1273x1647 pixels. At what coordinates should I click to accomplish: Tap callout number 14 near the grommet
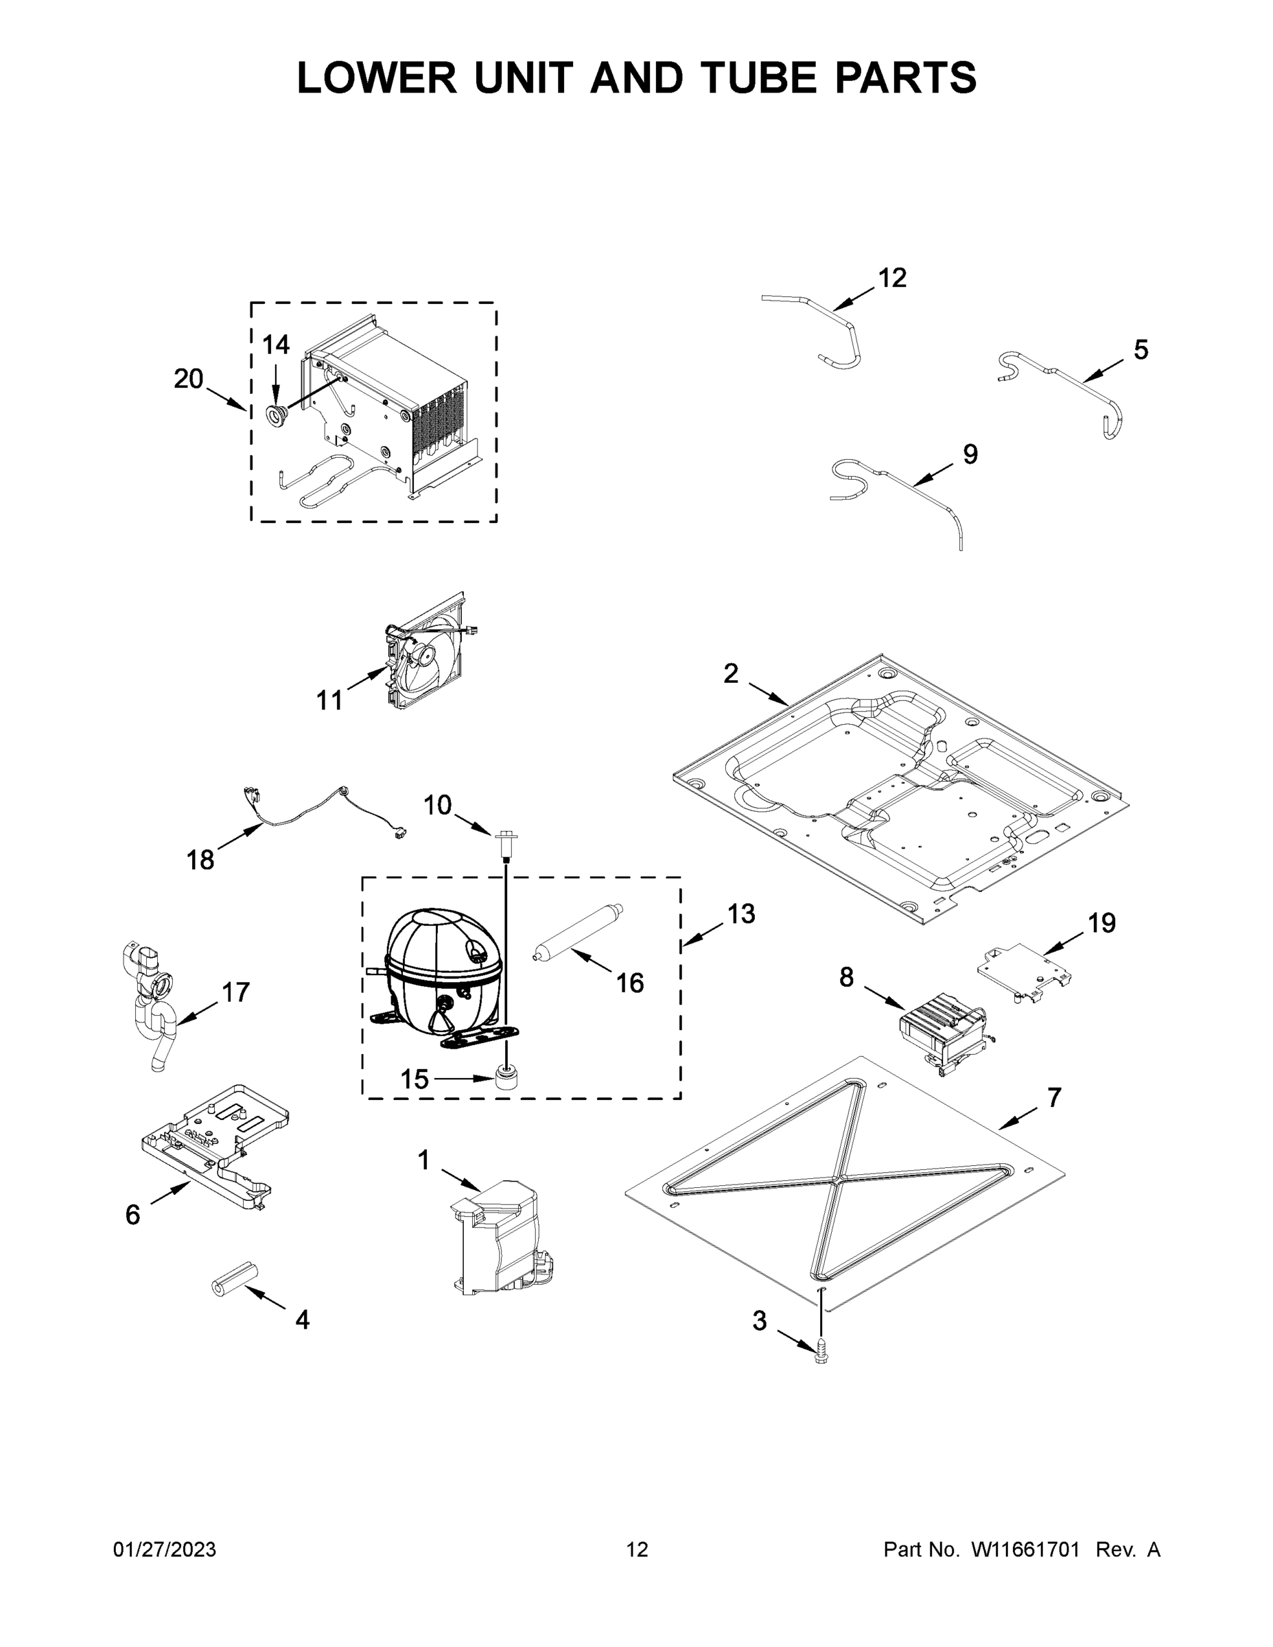pos(275,344)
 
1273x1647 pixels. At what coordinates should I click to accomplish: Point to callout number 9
pos(970,454)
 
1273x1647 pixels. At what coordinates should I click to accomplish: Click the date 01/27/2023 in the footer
pos(165,1550)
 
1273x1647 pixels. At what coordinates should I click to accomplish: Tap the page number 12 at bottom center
pos(637,1550)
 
